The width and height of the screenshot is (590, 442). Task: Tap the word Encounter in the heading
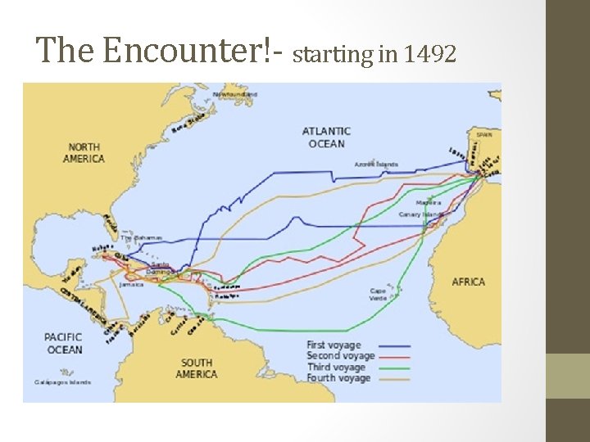[x=188, y=51]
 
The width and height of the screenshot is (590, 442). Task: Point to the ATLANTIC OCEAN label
[x=326, y=138]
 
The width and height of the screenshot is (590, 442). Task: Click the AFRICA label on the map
[x=468, y=282]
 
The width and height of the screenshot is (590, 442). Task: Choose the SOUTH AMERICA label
[x=197, y=368]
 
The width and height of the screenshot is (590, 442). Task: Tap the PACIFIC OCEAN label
[x=64, y=344]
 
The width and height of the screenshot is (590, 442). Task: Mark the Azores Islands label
[x=376, y=165]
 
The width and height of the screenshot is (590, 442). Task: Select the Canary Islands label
[x=421, y=214]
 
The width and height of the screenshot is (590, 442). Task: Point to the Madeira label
[x=428, y=202]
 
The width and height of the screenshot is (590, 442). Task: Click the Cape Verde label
[x=378, y=294]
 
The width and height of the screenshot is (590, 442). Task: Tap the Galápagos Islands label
[x=62, y=382]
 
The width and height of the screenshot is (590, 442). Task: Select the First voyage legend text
[x=334, y=345]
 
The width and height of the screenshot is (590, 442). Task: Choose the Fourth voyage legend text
[x=338, y=378]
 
